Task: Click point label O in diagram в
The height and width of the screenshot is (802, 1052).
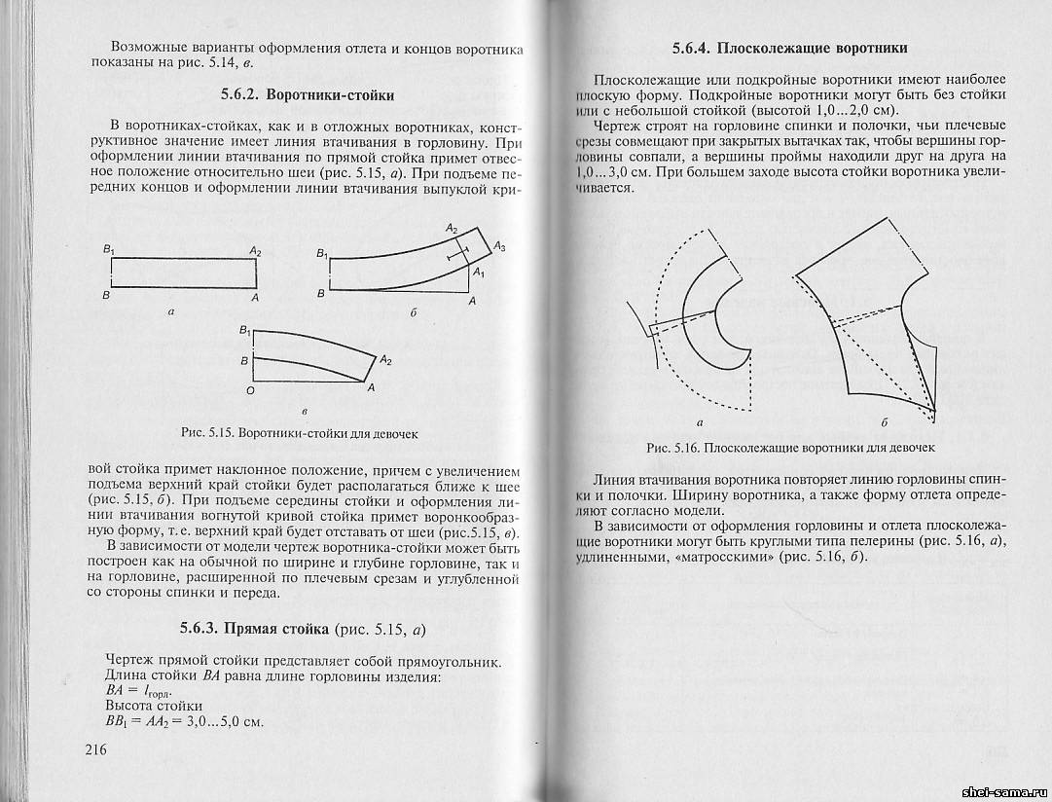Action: [x=250, y=389]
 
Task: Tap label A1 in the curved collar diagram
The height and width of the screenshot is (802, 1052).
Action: [x=478, y=274]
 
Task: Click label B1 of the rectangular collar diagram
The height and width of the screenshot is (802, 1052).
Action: [x=108, y=251]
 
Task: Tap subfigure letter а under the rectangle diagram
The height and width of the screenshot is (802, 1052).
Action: [x=171, y=312]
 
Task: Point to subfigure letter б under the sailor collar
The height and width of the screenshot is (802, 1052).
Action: [x=884, y=423]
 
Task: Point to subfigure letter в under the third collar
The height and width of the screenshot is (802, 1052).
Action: [x=305, y=414]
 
